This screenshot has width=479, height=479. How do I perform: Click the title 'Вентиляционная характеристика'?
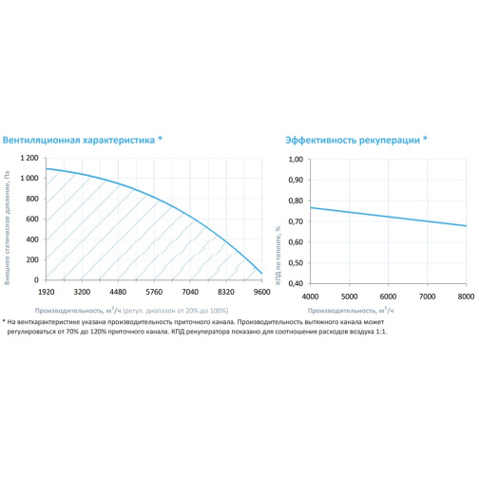coord(79,140)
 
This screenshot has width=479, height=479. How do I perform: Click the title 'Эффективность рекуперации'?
coord(353,140)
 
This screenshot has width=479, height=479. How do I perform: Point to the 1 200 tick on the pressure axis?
coord(29,158)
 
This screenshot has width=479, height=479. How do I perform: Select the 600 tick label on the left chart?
coord(32,219)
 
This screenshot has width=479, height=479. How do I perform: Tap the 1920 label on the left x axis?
coord(47,292)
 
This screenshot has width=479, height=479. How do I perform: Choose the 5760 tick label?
coord(154,292)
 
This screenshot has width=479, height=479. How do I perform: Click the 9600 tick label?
coord(261,292)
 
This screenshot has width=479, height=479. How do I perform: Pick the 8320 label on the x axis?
coord(226,292)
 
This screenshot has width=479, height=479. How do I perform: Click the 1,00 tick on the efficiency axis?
coord(296,160)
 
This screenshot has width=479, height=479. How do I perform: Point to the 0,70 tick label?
coord(296,221)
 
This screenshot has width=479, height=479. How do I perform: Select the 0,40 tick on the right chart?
coord(296,283)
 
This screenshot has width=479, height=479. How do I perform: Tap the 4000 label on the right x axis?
coord(310,297)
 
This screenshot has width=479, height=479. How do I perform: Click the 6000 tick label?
coord(388,297)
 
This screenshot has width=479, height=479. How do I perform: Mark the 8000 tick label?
coord(466,297)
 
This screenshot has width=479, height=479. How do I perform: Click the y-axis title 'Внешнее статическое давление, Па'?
coord(7,228)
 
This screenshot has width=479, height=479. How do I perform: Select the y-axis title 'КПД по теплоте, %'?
coord(278,256)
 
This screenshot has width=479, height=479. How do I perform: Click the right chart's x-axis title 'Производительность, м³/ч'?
coord(351,310)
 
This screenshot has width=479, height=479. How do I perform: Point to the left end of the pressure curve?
coord(47,168)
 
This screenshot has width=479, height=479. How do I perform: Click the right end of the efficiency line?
coord(467,226)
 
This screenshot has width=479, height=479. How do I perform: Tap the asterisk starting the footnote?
coord(4,321)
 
